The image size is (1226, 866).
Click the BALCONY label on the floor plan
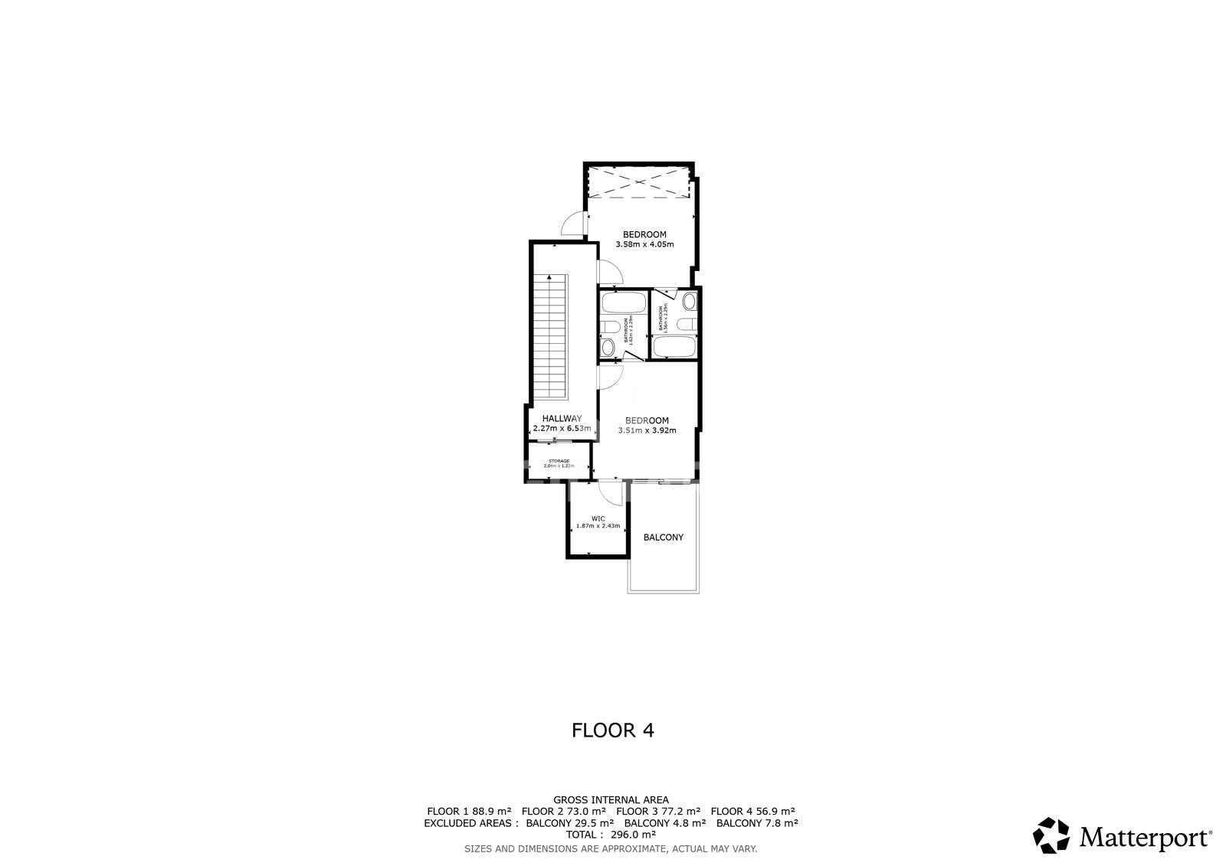[x=663, y=538]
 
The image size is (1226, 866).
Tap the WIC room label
[x=598, y=518]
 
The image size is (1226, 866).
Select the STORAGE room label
[x=559, y=461]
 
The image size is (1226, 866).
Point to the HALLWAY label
[x=562, y=418]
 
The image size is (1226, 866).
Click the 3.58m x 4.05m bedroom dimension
[x=644, y=245]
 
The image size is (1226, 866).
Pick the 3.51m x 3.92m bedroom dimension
[x=647, y=430]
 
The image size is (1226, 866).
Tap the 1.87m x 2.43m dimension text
[x=598, y=526]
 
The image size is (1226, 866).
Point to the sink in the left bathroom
[x=608, y=348]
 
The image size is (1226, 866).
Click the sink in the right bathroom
[x=689, y=301]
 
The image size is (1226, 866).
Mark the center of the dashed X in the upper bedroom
[x=638, y=182]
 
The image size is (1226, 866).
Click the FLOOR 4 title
[x=613, y=730]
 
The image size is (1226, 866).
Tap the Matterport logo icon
[x=1051, y=835]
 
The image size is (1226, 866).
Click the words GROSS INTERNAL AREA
[x=611, y=800]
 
